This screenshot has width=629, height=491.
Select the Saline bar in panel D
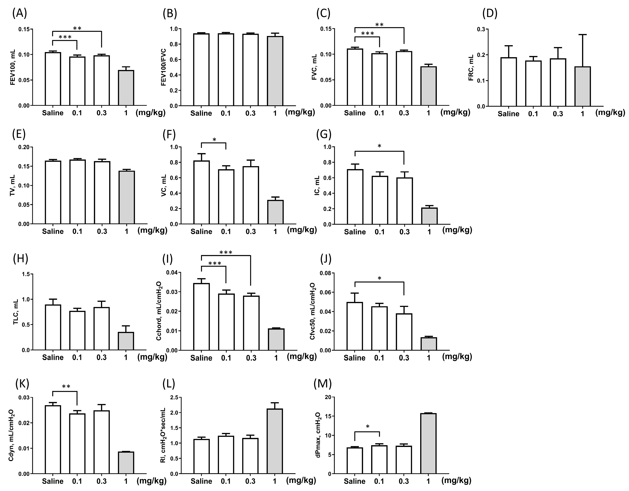(x=509, y=82)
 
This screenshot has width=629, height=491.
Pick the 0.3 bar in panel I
(x=251, y=323)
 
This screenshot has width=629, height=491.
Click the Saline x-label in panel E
(x=53, y=231)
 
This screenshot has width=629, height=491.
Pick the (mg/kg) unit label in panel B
(x=300, y=112)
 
